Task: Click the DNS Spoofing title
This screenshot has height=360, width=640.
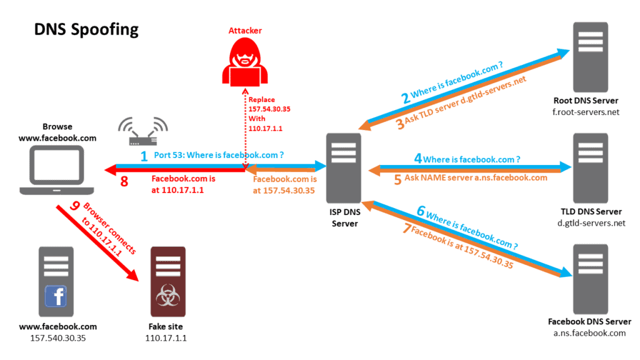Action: tap(86, 29)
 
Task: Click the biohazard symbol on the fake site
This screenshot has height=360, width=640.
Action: tap(167, 297)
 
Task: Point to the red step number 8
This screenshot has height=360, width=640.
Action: tap(124, 182)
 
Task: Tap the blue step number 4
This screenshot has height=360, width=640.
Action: tap(417, 159)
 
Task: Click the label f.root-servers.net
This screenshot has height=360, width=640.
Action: tap(586, 112)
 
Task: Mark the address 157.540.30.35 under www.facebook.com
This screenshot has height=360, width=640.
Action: tap(58, 338)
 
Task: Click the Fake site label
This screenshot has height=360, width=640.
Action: tap(167, 327)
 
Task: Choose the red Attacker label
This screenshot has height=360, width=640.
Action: tap(244, 30)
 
